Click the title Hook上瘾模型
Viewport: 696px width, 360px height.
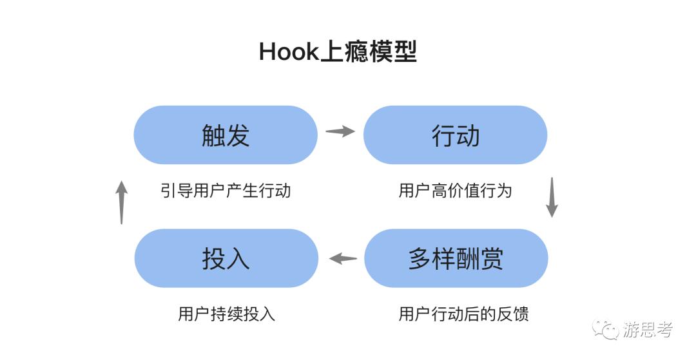(337, 52)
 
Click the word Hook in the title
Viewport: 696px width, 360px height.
(289, 52)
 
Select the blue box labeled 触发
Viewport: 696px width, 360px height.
(226, 135)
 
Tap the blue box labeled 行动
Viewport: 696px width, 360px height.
(455, 135)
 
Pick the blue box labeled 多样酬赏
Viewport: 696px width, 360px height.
(456, 258)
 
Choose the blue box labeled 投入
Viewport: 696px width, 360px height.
(226, 258)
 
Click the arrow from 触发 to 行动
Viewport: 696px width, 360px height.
(340, 131)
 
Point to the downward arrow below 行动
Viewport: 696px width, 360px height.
(552, 197)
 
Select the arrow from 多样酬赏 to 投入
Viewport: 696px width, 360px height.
(343, 259)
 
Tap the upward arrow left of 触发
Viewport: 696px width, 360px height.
(122, 202)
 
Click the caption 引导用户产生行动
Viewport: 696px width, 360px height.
(226, 191)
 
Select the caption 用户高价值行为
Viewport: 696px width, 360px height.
(455, 191)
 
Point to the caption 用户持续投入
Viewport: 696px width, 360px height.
(226, 314)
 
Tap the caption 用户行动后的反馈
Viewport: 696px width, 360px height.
(463, 314)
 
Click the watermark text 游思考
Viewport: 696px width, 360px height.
(648, 330)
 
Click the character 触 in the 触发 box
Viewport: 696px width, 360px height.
(213, 135)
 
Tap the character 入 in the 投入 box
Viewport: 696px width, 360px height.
(238, 258)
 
